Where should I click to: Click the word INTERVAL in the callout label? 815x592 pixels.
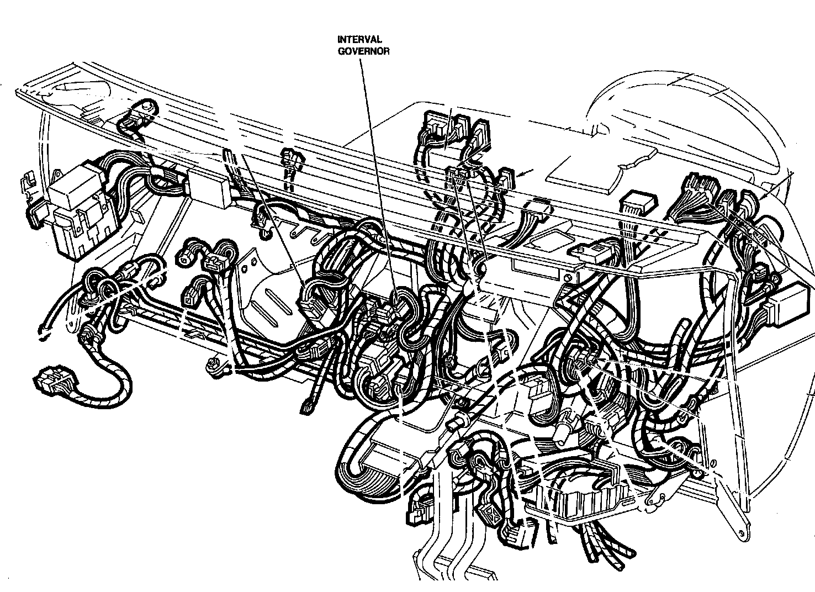click(x=360, y=39)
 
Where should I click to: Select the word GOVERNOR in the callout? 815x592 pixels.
click(x=363, y=51)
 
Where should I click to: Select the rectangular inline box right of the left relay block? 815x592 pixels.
click(x=209, y=191)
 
